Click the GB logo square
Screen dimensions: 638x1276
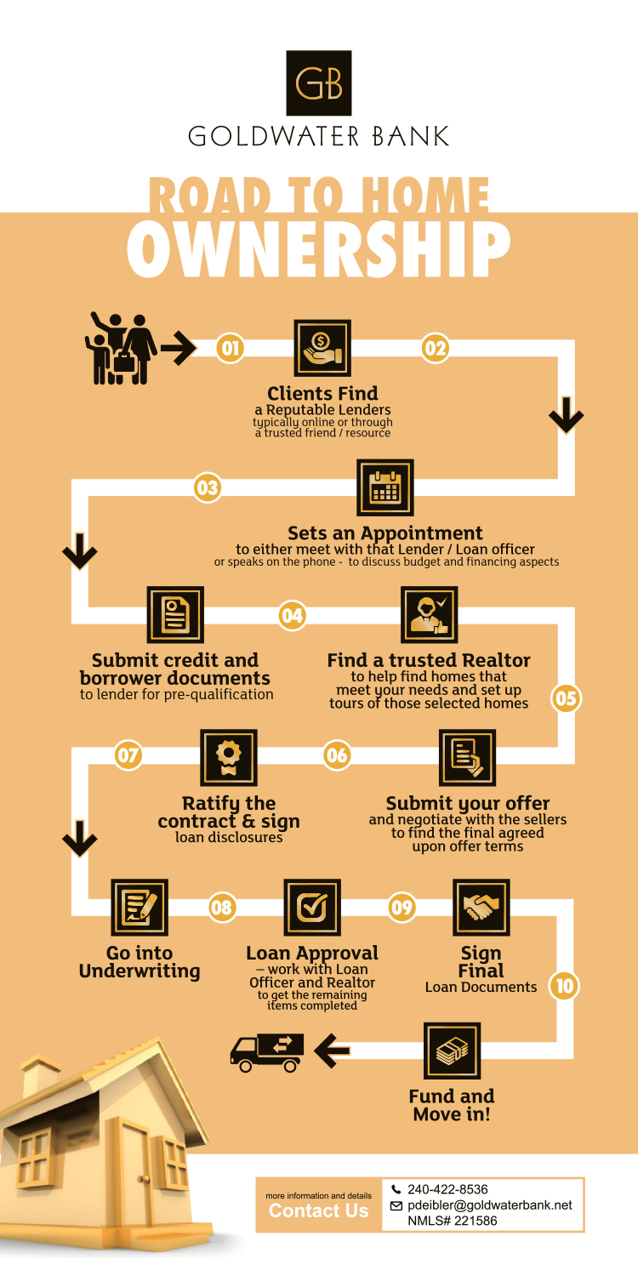pos(318,83)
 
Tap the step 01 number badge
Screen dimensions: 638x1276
pos(231,348)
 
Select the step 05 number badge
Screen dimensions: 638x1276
pos(566,698)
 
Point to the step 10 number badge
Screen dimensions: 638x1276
pos(565,985)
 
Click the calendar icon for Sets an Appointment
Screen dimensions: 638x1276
pos(385,487)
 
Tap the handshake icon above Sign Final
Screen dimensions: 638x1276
pos(481,908)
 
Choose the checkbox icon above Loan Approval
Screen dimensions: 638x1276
pos(312,908)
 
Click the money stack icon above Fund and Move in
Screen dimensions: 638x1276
pos(453,1051)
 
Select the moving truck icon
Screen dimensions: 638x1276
pos(266,1053)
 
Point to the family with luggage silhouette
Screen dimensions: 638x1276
pos(121,348)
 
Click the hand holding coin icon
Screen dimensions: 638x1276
pos(322,348)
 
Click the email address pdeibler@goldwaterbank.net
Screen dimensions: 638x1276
pos(490,1205)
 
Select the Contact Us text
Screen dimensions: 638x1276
pos(318,1210)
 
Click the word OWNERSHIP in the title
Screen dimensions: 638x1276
pos(318,248)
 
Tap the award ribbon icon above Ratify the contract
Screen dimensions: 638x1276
pos(229,758)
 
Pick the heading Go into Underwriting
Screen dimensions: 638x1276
pos(140,962)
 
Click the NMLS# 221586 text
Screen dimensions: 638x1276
pos(453,1221)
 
